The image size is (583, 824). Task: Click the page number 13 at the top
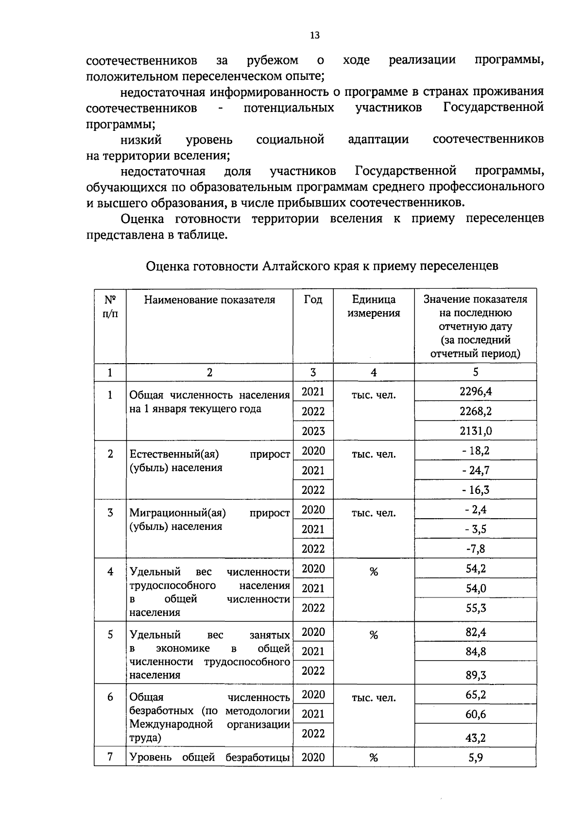coord(314,35)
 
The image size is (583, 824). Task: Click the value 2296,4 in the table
coord(476,391)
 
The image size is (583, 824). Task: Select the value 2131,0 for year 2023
coord(476,431)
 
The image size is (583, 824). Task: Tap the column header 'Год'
coord(313,299)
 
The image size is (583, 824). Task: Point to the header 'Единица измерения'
coord(373,306)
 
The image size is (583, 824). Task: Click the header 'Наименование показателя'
coord(209,299)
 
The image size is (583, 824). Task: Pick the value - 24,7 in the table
coord(476,470)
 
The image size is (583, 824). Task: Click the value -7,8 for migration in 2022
coord(476,549)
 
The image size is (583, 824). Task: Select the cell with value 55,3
coord(476,608)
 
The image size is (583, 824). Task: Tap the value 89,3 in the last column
coord(476,675)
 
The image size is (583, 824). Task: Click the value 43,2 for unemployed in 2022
coord(476,737)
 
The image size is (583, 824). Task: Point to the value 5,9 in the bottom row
coord(476,757)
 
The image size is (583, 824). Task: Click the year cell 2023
coord(313,431)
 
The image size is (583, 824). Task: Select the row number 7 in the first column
coord(110,757)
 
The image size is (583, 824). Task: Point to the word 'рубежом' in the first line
coord(272,60)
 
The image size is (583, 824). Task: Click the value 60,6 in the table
coord(476,714)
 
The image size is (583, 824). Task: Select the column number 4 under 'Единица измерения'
coord(373,372)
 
